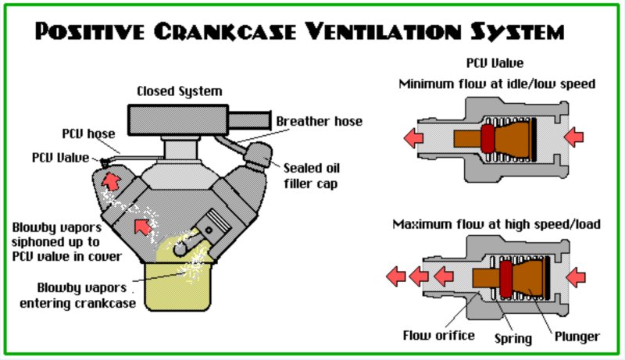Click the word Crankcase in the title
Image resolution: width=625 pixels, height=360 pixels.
tap(249, 33)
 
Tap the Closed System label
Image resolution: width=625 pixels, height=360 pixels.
tap(179, 91)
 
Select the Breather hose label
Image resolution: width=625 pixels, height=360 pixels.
tap(319, 122)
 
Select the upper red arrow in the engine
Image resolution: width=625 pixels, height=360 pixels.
tap(112, 183)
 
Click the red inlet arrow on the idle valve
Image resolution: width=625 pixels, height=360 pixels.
tap(573, 138)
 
